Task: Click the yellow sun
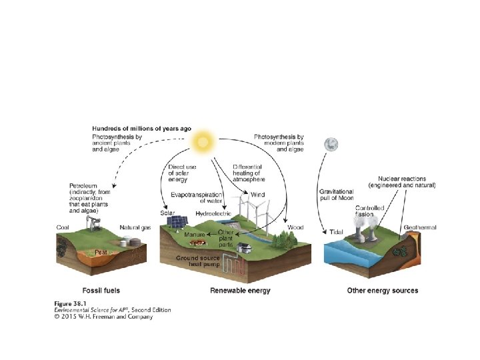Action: [203, 141]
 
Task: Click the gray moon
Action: [330, 144]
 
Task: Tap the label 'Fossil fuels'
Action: [101, 291]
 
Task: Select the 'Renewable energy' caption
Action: [240, 291]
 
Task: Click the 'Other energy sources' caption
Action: [383, 291]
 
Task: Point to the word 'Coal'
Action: [63, 227]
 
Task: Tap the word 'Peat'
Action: [101, 253]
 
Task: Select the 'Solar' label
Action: [167, 213]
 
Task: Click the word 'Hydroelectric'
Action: [213, 213]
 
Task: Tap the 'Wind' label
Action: [257, 195]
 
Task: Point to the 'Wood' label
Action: [295, 227]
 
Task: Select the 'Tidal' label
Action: [336, 232]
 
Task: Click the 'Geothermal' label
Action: [420, 227]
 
